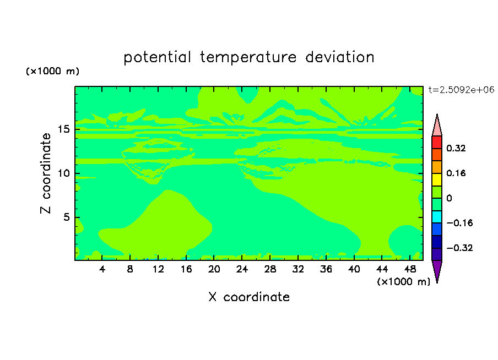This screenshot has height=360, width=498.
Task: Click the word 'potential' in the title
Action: (x=157, y=58)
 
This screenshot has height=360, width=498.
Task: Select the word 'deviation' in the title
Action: (x=339, y=57)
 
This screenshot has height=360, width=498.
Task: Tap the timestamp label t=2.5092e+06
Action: (x=461, y=90)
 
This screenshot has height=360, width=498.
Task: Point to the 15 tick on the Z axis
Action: (x=63, y=129)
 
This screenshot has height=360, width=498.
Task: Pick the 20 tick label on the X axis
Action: (x=214, y=269)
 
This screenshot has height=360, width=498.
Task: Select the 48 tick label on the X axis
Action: (x=410, y=269)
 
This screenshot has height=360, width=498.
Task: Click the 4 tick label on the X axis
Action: (x=102, y=269)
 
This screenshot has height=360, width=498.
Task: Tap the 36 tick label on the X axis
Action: (x=326, y=269)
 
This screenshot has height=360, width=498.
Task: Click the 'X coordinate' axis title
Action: (x=249, y=297)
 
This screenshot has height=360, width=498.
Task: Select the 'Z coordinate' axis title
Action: (x=45, y=173)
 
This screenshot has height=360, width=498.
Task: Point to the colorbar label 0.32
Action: (x=456, y=148)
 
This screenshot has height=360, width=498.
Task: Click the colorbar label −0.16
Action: (x=459, y=223)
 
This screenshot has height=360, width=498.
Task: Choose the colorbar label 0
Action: (x=449, y=198)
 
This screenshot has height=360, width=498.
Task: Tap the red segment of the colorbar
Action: (x=437, y=142)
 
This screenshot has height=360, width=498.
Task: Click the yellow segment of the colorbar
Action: (x=437, y=179)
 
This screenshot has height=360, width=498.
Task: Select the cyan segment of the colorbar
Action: (x=437, y=217)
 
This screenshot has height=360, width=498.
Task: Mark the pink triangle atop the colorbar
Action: (x=437, y=127)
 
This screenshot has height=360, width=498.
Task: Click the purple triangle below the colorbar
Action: (x=437, y=269)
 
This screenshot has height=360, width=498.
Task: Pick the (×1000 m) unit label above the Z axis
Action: (x=52, y=71)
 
